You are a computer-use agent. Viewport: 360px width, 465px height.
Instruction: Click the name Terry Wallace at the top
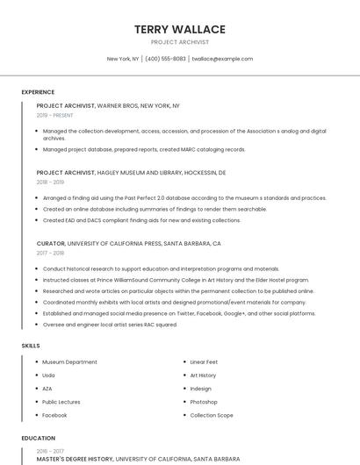click(179, 29)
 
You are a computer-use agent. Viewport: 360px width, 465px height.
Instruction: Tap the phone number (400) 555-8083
click(165, 59)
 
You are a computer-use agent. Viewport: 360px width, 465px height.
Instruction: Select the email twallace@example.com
click(222, 59)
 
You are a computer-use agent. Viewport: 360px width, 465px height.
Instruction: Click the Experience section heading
click(38, 92)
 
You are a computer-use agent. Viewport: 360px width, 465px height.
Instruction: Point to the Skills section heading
click(31, 346)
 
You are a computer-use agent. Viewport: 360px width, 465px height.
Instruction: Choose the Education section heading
click(38, 438)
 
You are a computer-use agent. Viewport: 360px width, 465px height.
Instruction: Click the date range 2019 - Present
click(54, 115)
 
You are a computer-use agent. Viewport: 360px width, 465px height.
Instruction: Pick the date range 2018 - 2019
click(50, 182)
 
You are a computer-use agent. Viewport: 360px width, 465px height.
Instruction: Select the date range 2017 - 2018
click(50, 253)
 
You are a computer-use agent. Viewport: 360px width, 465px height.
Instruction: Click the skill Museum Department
click(69, 362)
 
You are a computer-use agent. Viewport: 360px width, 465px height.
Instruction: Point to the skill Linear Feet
click(204, 362)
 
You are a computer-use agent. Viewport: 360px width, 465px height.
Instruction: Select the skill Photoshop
click(204, 402)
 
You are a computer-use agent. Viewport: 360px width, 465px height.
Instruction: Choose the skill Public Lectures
click(61, 402)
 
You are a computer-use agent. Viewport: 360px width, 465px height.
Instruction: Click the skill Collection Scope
click(212, 415)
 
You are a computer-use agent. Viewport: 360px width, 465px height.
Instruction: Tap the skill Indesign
click(201, 389)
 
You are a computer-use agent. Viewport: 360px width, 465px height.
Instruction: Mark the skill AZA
click(47, 389)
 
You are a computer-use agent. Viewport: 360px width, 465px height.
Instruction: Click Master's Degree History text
click(75, 458)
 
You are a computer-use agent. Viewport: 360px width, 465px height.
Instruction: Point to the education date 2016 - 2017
click(50, 451)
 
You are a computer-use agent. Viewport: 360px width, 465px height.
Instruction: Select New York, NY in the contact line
click(123, 59)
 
